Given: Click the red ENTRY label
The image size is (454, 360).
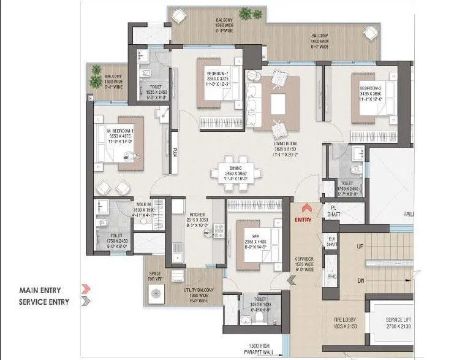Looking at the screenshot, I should coord(303,220).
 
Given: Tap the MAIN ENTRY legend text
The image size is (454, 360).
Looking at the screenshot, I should coord(38,289).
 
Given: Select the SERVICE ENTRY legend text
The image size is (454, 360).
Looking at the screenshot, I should coord(42,301).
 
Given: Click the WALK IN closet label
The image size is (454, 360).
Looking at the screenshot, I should coord(145,205).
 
